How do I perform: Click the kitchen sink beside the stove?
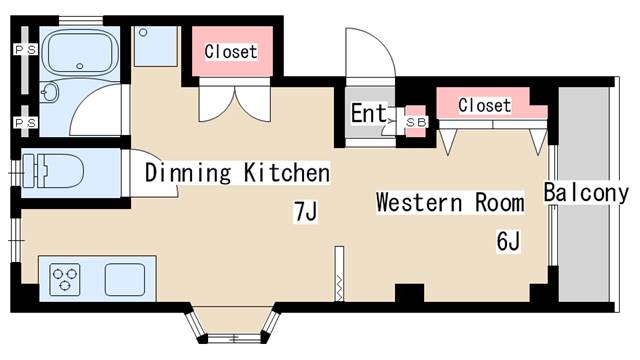click(x=125, y=277)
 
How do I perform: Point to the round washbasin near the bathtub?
click(x=51, y=95)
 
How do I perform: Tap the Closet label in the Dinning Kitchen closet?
click(x=231, y=51)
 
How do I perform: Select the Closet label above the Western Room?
click(x=484, y=105)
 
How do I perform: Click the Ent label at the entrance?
click(x=368, y=113)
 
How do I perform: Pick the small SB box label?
click(x=415, y=122)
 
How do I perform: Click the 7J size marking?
click(x=304, y=212)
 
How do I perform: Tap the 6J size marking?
click(x=509, y=241)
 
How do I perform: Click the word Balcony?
click(x=585, y=193)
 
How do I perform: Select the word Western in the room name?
click(x=414, y=203)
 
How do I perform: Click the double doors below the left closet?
click(x=231, y=101)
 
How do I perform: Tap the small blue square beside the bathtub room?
click(x=155, y=46)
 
